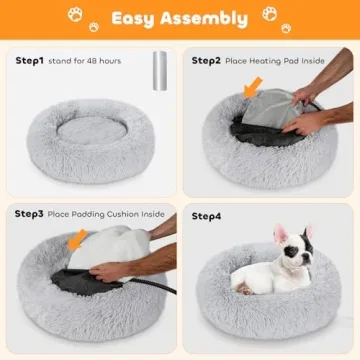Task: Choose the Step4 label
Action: (x=208, y=214)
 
